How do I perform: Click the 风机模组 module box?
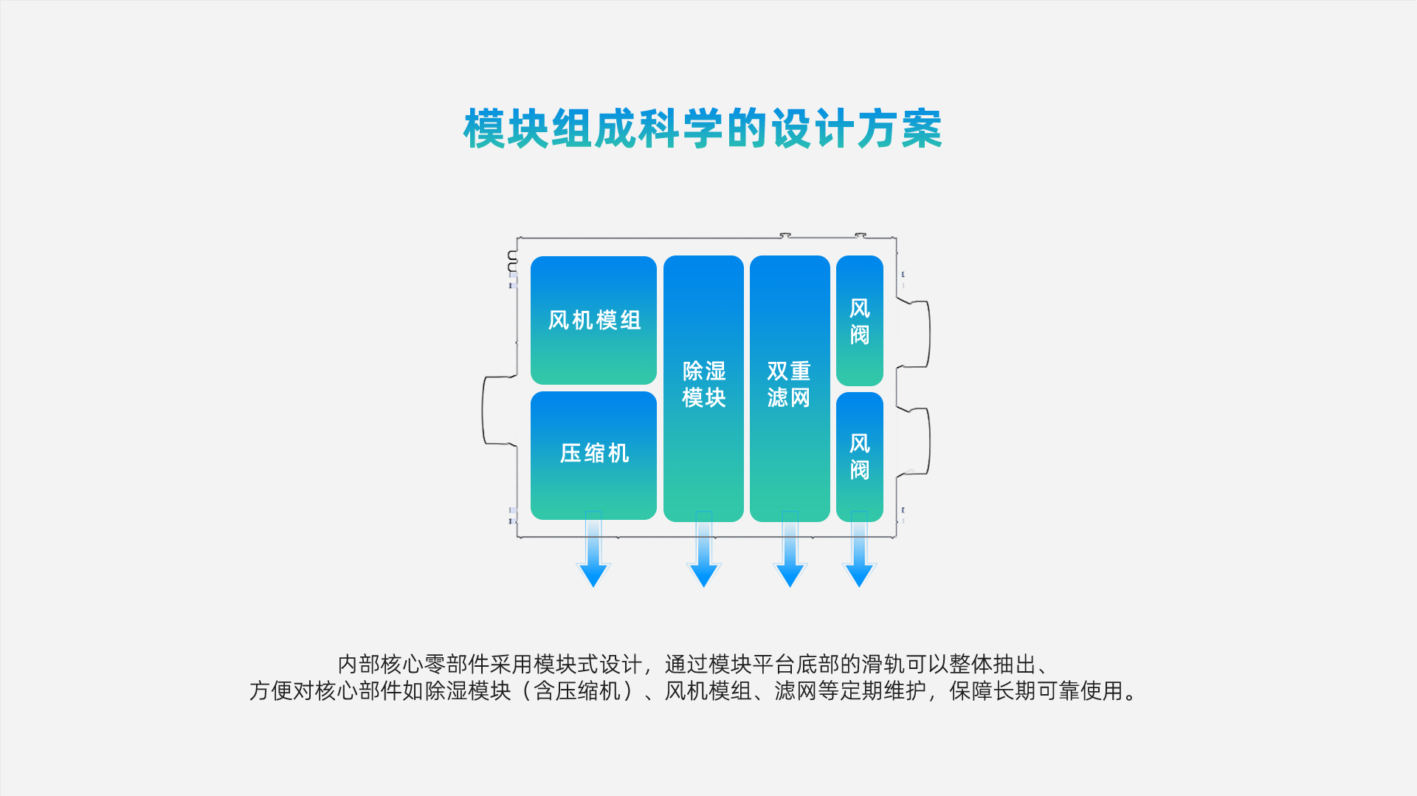tap(593, 320)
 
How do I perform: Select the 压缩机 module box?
tap(593, 454)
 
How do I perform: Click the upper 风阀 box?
tap(859, 320)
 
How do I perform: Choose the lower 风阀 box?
tap(859, 456)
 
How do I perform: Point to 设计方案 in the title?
tap(856, 129)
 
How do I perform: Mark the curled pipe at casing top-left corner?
tap(512, 259)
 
